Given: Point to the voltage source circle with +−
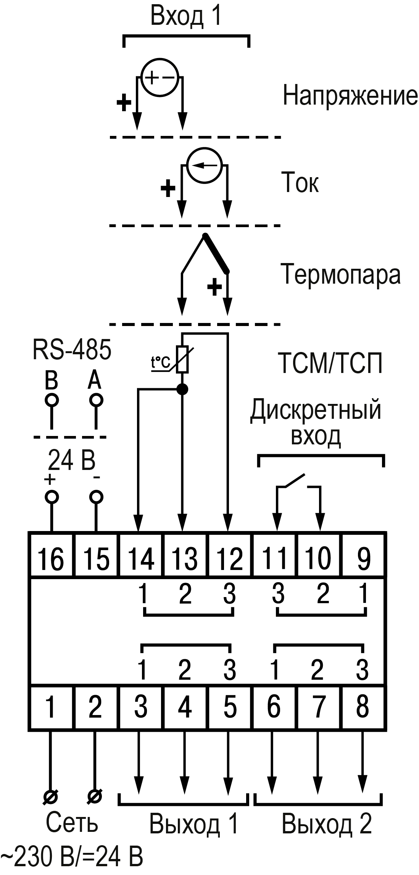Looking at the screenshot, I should tap(160, 78).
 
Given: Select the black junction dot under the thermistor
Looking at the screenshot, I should tap(183, 389).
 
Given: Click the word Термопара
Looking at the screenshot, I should tap(341, 274).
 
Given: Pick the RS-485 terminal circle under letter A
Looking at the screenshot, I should tap(96, 400).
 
